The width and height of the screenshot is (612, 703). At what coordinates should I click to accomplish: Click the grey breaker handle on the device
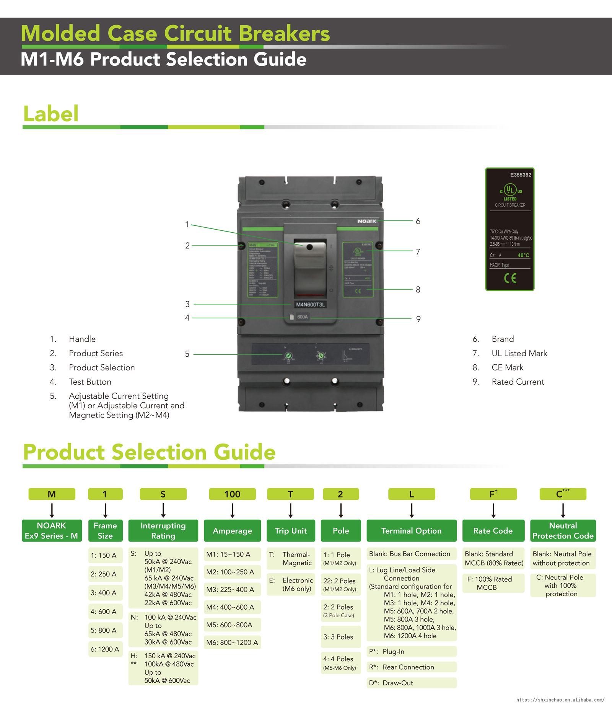(310, 268)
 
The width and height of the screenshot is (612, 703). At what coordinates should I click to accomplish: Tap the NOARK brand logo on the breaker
(367, 221)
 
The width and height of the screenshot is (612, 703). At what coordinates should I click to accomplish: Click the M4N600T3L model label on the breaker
(310, 305)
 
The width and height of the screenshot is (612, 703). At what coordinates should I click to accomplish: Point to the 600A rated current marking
(302, 317)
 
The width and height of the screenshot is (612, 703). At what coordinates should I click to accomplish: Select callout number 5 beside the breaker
(187, 354)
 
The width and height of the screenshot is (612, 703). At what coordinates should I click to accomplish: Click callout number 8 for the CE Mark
(418, 290)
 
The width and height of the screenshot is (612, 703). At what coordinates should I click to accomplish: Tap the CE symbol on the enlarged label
(510, 278)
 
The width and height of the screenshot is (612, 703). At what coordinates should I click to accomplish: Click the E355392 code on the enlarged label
(521, 175)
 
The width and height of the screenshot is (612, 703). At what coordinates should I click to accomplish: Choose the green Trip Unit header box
(291, 531)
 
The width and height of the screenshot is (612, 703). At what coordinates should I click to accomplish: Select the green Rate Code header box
(493, 531)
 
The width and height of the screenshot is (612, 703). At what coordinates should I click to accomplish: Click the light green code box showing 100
(232, 494)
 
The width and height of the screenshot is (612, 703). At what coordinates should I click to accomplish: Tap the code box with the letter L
(412, 494)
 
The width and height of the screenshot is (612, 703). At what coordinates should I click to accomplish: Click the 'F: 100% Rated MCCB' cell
(493, 583)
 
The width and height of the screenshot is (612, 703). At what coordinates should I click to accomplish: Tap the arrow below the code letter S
(163, 511)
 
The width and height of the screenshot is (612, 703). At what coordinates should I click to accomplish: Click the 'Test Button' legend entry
(90, 382)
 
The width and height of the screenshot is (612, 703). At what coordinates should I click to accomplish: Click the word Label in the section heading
(51, 114)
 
